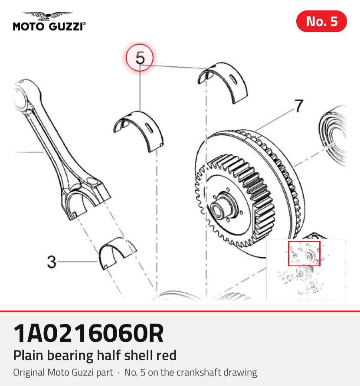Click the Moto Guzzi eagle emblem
click(x=48, y=16)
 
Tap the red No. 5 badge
click(x=321, y=21)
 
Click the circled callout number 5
click(x=140, y=58)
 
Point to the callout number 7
click(x=299, y=106)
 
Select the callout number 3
click(x=52, y=262)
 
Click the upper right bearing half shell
click(x=223, y=82)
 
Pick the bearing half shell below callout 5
click(x=138, y=131)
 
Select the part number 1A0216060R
click(x=88, y=334)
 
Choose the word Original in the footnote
click(x=29, y=373)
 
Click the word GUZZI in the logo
click(x=66, y=26)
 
